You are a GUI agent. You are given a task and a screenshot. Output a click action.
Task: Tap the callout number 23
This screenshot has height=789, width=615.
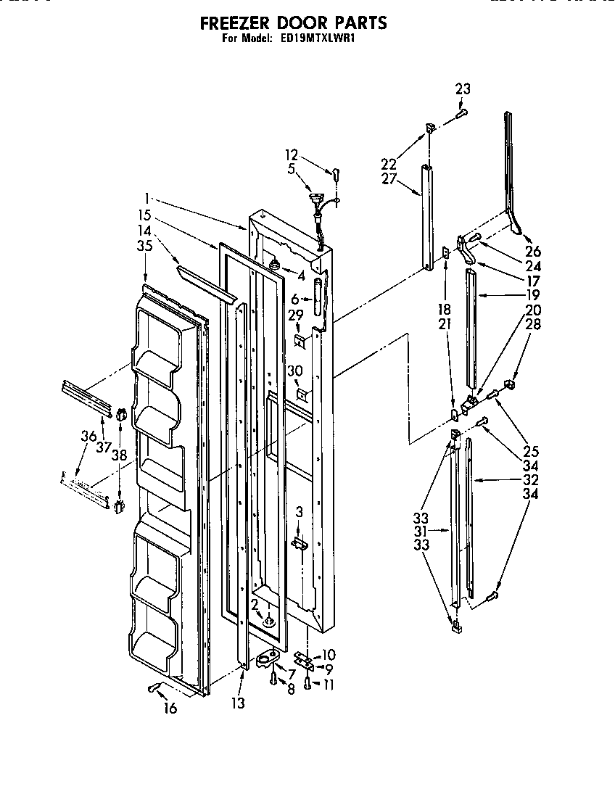pyautogui.click(x=463, y=89)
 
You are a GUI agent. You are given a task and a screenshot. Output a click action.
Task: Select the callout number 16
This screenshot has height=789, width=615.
pyautogui.click(x=170, y=708)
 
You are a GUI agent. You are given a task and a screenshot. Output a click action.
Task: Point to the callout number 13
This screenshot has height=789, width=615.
pyautogui.click(x=239, y=703)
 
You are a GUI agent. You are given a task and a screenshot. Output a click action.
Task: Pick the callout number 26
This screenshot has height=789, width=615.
pyautogui.click(x=534, y=252)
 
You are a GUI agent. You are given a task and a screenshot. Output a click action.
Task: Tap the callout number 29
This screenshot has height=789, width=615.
pyautogui.click(x=295, y=316)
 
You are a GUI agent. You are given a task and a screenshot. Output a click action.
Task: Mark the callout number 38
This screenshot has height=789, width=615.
pyautogui.click(x=120, y=455)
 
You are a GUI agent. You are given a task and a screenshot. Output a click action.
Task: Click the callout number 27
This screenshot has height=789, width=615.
pyautogui.click(x=390, y=179)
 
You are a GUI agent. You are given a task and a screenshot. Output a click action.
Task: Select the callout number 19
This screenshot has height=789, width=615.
pyautogui.click(x=533, y=295)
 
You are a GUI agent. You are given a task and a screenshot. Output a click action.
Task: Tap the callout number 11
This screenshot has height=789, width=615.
pyautogui.click(x=329, y=684)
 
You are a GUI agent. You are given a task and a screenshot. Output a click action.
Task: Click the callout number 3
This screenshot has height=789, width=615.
pyautogui.click(x=298, y=513)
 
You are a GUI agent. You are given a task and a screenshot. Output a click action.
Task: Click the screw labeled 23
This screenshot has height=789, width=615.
pyautogui.click(x=461, y=112)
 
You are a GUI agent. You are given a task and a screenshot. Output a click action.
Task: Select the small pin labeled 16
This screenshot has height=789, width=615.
pyautogui.click(x=153, y=687)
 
